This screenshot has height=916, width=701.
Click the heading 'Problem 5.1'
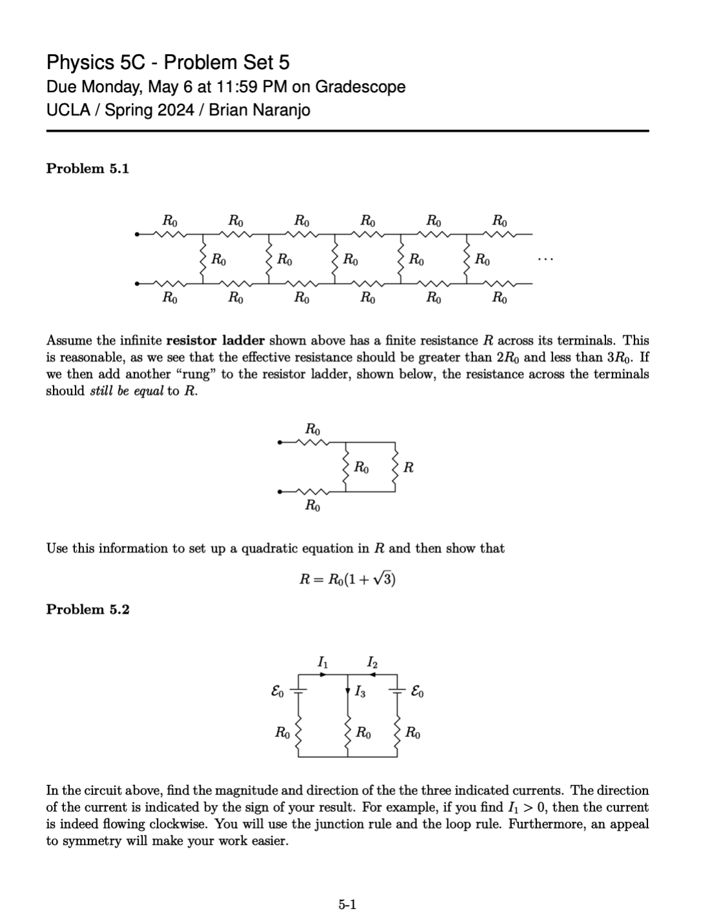(x=88, y=169)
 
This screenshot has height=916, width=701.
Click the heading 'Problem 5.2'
(x=88, y=610)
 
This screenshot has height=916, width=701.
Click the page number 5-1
(x=348, y=904)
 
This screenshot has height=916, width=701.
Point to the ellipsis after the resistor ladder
(x=544, y=260)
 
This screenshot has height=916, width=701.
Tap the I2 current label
(x=372, y=662)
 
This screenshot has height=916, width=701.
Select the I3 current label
(x=360, y=693)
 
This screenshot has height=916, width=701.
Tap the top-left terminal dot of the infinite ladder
(x=137, y=234)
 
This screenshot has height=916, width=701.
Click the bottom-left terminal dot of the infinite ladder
(x=137, y=283)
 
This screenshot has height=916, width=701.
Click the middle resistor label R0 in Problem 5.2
(x=363, y=733)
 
